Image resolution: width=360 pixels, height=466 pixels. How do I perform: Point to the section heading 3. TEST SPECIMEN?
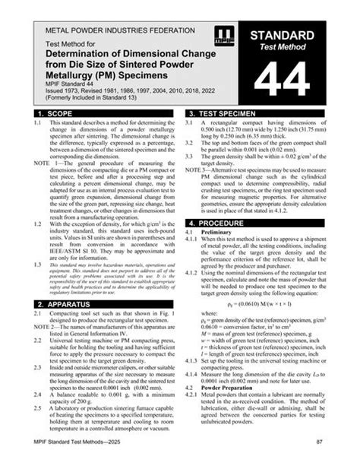(x=226, y=113)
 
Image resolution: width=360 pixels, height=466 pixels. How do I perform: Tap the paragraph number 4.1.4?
(x=194, y=372)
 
